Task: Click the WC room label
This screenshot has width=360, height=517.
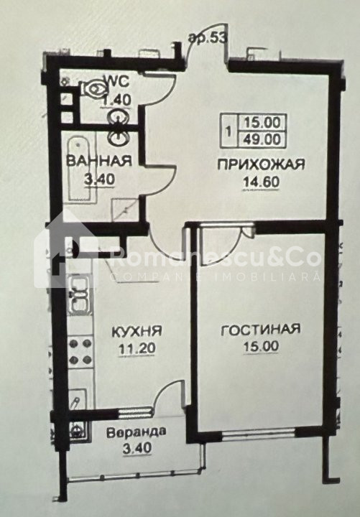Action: coord(116,81)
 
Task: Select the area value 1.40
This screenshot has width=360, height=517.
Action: coord(117,99)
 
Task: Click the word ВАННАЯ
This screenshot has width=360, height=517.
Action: coord(99,161)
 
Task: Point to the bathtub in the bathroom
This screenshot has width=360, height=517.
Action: coord(80,169)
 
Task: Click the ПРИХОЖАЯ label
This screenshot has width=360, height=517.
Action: coord(261,164)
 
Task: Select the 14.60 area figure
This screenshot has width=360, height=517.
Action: coord(262,182)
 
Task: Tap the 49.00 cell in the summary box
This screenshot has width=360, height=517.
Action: coord(262,139)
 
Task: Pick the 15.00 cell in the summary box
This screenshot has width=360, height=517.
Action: coord(262,123)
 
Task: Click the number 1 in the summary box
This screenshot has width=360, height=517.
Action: coord(229,131)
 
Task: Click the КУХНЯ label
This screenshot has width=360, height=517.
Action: coord(137,331)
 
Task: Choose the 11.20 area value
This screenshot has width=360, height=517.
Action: coord(137,348)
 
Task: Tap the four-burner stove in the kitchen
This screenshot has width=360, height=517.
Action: coord(80,351)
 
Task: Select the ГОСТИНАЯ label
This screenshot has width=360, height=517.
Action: coord(260,329)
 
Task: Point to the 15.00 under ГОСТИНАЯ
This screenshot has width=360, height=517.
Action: coord(261,346)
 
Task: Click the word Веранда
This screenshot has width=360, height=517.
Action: coord(137,432)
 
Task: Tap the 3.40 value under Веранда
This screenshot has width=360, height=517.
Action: coord(137,448)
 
